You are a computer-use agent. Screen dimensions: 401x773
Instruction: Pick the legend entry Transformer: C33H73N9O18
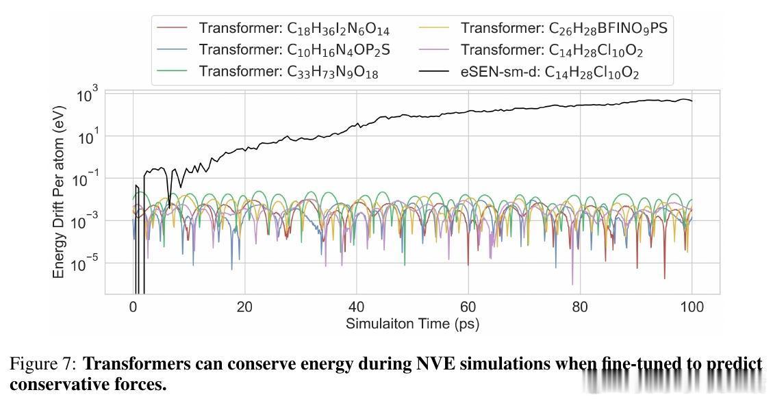(288, 72)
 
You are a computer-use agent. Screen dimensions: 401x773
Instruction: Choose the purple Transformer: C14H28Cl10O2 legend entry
(552, 50)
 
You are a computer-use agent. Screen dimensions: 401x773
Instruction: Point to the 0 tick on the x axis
(133, 307)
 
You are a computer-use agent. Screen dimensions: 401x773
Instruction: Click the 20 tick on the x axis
(244, 307)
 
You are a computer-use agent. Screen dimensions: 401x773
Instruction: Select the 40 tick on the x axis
(356, 307)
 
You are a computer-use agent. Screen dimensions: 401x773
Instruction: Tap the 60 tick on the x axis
(468, 307)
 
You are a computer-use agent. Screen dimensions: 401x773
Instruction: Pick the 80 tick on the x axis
(580, 307)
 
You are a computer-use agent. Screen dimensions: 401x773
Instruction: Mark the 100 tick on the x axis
(692, 307)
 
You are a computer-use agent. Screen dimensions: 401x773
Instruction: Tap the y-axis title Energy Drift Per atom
(60, 191)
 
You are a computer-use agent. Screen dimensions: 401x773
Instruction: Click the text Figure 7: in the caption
(42, 364)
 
